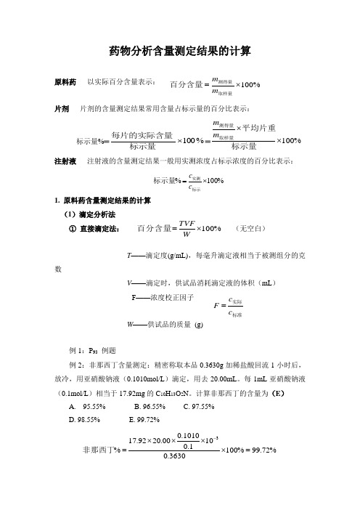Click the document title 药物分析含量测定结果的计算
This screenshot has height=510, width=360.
point(180,50)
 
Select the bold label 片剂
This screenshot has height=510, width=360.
point(62,108)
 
